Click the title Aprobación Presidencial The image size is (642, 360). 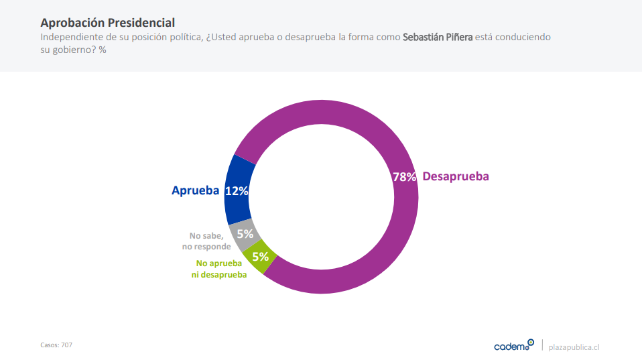point(107,23)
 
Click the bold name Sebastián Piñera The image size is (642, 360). point(438,37)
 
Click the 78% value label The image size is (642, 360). point(404,177)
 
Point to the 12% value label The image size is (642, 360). point(237,191)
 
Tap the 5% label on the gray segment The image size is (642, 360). point(245,234)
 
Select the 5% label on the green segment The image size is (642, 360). point(260,256)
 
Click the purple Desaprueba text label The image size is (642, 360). point(456,176)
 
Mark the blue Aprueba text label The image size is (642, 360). point(195,190)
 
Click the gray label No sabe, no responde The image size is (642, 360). point(206,241)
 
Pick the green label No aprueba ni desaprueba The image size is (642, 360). point(218,269)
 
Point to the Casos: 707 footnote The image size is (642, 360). point(56,345)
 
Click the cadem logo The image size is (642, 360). point(513,346)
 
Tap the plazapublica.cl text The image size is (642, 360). point(574,347)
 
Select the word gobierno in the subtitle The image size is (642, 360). point(74,50)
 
